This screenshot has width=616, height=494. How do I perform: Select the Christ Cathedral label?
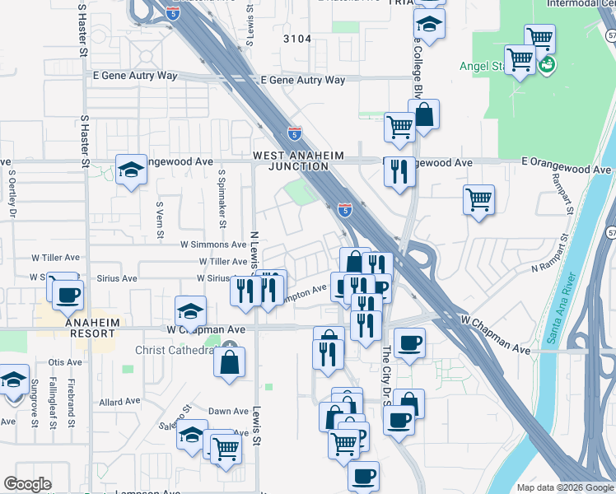coord(173,349)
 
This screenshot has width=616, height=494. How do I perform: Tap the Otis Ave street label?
coord(65,362)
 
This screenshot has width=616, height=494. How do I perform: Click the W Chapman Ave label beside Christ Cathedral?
coord(207,329)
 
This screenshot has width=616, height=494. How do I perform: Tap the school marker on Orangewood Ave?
coord(130,170)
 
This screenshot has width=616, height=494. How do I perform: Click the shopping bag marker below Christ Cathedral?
coord(229,362)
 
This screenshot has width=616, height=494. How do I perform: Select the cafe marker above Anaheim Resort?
coord(68,295)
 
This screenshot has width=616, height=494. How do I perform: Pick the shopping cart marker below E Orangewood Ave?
coord(478,200)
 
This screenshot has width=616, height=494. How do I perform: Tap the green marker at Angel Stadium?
coord(546,63)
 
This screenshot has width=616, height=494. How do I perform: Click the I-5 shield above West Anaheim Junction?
coord(295,133)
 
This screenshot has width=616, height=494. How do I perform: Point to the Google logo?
coord(28,484)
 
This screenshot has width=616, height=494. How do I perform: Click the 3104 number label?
coord(297,39)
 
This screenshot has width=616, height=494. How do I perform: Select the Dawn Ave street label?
coord(228,412)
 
